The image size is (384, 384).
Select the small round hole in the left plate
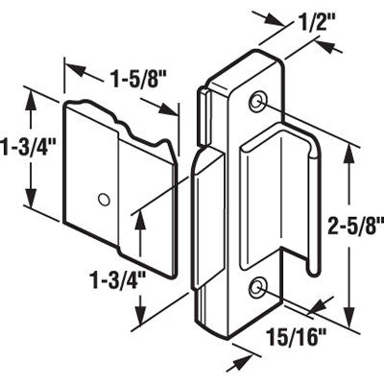click(x=103, y=200)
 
